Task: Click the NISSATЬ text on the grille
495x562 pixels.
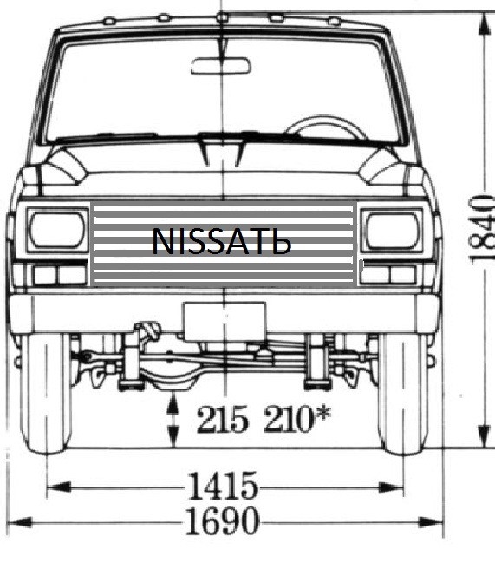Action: pos(221,242)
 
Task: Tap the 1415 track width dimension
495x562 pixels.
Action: pos(223,486)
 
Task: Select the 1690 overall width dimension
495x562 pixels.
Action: pos(222,520)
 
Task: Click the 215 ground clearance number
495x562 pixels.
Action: pos(222,419)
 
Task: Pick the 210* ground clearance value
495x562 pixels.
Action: pos(297,418)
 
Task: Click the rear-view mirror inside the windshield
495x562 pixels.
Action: pos(221,66)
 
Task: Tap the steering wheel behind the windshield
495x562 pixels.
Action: pos(326,127)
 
